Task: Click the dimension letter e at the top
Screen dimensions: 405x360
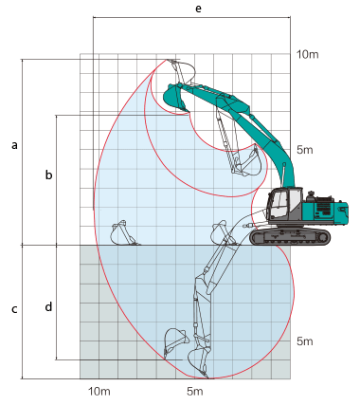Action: pos(197,8)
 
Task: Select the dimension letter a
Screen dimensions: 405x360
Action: pos(13,145)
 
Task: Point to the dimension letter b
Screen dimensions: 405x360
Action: pos(48,175)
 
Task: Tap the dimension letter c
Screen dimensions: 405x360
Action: pos(13,309)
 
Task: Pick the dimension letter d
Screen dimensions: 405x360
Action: pos(48,307)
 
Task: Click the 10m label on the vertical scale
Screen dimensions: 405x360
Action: pos(307,55)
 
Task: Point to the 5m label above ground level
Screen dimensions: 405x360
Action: pos(305,151)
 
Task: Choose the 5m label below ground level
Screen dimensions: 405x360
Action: pos(305,341)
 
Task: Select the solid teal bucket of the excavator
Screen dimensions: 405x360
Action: pos(172,95)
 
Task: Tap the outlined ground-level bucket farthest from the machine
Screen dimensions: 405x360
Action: pos(122,231)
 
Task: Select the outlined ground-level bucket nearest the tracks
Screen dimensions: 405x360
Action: pos(221,230)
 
